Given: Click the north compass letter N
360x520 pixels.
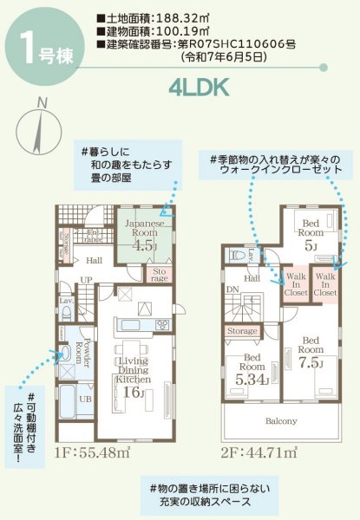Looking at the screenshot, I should click(42, 106).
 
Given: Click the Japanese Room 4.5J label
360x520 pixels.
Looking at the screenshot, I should click(140, 234).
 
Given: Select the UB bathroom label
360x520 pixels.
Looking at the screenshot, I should click(85, 400).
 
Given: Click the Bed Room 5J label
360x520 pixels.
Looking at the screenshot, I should click(310, 234).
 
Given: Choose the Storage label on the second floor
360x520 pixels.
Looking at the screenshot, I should click(243, 331).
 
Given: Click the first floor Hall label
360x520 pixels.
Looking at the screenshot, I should click(95, 260).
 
